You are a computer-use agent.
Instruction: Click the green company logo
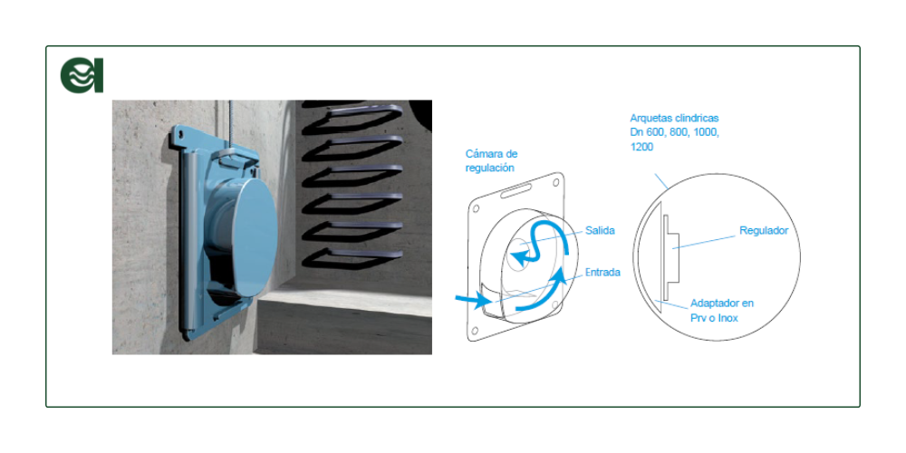(x=82, y=75)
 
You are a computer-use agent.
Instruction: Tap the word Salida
(x=600, y=230)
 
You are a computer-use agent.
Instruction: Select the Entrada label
(x=602, y=272)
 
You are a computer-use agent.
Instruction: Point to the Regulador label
(x=764, y=230)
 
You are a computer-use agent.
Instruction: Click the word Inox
(x=727, y=318)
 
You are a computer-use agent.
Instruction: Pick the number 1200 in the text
(x=641, y=148)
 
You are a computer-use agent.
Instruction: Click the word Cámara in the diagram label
(x=483, y=154)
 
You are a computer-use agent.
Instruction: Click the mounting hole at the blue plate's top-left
(x=180, y=137)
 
